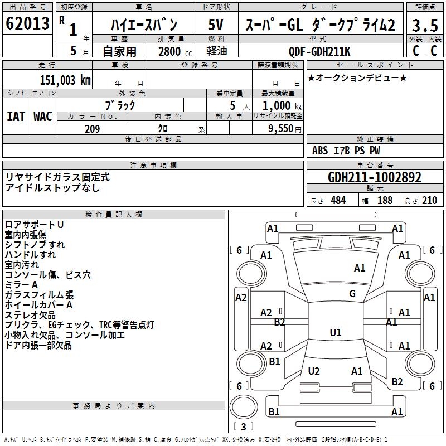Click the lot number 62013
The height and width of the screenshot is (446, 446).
click(x=27, y=25)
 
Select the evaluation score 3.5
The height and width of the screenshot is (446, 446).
click(x=424, y=25)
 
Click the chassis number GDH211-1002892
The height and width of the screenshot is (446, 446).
click(x=375, y=178)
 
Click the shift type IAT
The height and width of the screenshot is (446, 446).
click(x=16, y=116)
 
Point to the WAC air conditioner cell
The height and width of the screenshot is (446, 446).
click(x=43, y=116)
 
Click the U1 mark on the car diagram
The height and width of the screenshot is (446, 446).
click(x=336, y=333)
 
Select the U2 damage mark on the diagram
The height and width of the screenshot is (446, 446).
click(x=314, y=371)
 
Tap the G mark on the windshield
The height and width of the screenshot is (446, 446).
click(x=352, y=294)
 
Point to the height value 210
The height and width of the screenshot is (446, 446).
click(x=429, y=200)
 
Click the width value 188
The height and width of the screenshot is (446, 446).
click(x=385, y=200)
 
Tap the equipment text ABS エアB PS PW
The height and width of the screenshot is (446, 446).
click(x=346, y=151)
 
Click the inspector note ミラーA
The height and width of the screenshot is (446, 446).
click(x=22, y=285)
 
